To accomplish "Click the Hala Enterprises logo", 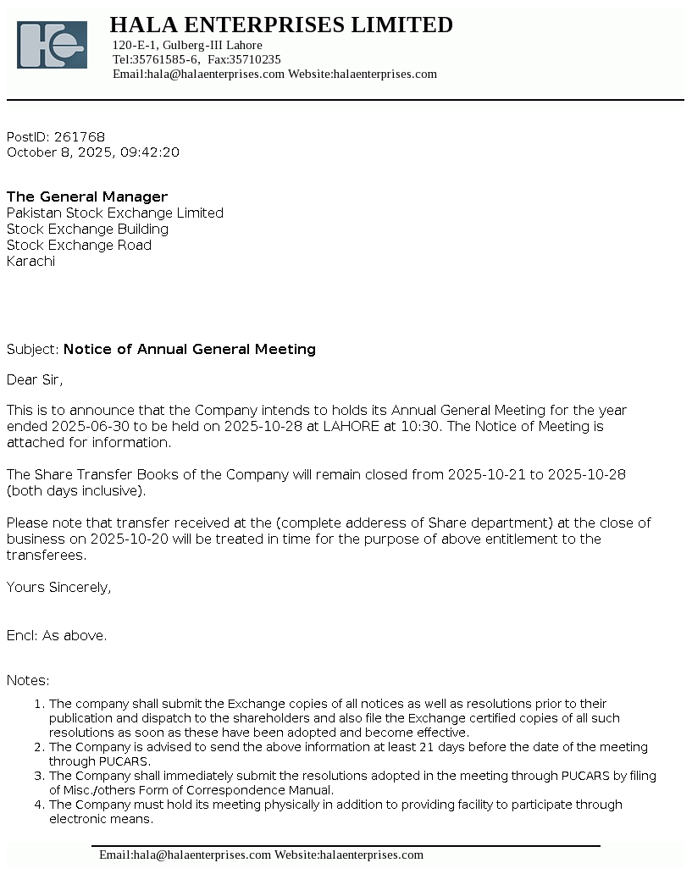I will [x=52, y=45].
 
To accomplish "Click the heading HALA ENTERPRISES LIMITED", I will [x=281, y=25].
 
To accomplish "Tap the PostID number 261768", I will [x=80, y=137].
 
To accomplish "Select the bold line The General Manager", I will [x=87, y=197].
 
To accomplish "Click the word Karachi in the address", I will [x=30, y=262].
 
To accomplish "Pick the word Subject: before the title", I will [x=32, y=350].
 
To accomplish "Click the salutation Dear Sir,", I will [x=35, y=380].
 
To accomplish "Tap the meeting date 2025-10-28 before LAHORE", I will [x=263, y=427].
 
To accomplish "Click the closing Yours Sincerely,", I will [x=58, y=588].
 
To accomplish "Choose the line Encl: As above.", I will [x=57, y=636].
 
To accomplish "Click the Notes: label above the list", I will [x=28, y=681].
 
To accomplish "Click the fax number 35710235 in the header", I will [x=255, y=59].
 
